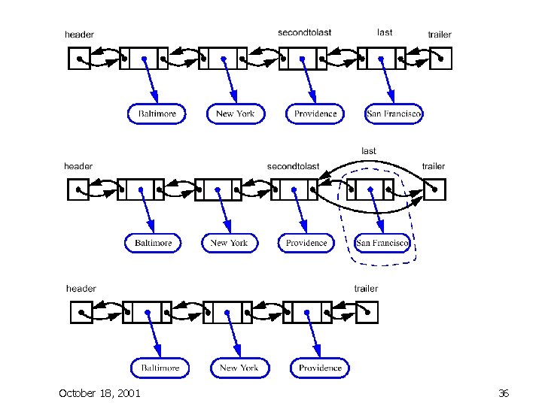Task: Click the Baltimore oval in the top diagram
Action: click(x=157, y=114)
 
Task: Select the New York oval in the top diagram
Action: click(x=235, y=114)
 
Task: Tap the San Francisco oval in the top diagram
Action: click(x=394, y=114)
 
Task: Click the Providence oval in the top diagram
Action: click(x=315, y=114)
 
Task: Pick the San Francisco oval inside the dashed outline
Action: click(x=382, y=243)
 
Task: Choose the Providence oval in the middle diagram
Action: click(x=306, y=243)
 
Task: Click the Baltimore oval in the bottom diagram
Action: click(x=160, y=368)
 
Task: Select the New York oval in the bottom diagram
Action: click(x=239, y=368)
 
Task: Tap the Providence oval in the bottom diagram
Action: click(x=320, y=368)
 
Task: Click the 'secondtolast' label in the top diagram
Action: click(x=304, y=32)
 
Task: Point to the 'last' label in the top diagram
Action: click(x=385, y=32)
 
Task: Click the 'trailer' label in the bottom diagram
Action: click(x=366, y=289)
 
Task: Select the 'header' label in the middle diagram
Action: click(x=78, y=166)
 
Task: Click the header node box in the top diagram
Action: click(x=79, y=58)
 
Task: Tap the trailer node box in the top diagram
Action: click(x=440, y=58)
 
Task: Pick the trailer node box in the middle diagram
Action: click(x=435, y=189)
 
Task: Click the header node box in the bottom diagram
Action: click(x=81, y=312)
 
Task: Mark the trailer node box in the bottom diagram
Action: click(x=367, y=312)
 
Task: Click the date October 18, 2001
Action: click(x=99, y=393)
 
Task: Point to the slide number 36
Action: click(x=504, y=393)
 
